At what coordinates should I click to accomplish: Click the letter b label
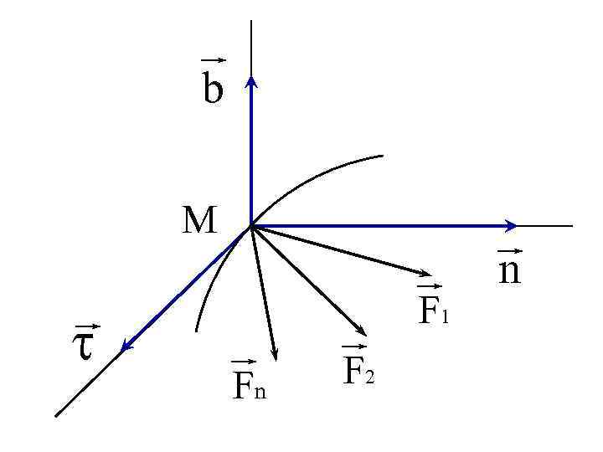(213, 89)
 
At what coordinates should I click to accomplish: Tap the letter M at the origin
(200, 221)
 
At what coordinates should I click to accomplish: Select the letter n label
(509, 270)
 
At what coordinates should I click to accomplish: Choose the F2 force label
(358, 368)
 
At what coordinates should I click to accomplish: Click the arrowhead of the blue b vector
(250, 79)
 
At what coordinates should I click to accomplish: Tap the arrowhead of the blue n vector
(511, 225)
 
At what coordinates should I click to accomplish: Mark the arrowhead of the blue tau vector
(126, 346)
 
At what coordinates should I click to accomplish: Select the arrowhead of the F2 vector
(360, 332)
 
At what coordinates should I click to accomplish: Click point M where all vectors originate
(250, 225)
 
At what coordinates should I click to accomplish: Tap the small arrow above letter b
(214, 60)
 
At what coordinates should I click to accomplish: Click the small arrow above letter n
(509, 250)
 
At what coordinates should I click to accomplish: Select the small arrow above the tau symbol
(87, 326)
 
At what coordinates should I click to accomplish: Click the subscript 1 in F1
(446, 317)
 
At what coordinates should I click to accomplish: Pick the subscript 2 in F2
(368, 376)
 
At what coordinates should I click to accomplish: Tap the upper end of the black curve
(382, 156)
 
